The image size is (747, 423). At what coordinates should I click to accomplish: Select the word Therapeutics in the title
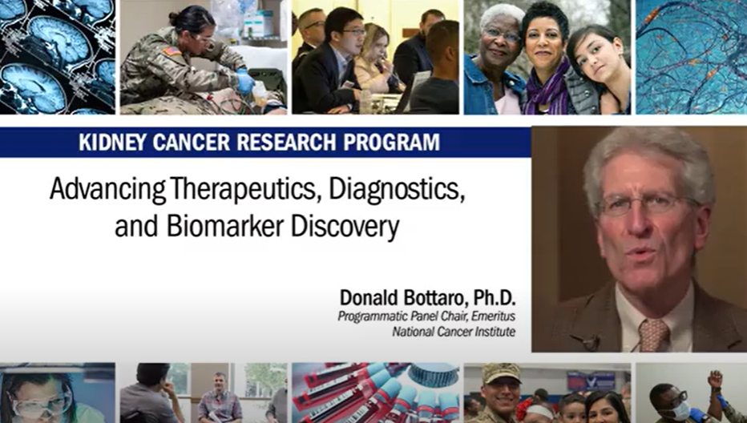pos(241,190)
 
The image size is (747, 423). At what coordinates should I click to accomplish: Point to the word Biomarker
pos(225,227)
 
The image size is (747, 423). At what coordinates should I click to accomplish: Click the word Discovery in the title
pos(345,228)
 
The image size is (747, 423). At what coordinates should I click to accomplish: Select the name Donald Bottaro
pos(402,298)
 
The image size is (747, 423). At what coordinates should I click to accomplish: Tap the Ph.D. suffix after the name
pos(494,298)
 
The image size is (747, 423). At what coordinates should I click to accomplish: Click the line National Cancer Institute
pos(454,331)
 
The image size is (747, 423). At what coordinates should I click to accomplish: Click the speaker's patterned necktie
pos(653,336)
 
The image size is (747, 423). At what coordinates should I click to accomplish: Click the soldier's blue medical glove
pos(245,81)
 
